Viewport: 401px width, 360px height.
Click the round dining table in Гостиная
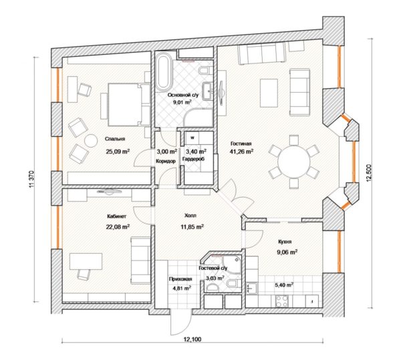point(294,162)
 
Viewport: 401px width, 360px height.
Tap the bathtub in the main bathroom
point(164,72)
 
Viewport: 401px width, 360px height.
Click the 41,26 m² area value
point(242,152)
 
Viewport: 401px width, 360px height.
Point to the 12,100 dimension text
point(192,339)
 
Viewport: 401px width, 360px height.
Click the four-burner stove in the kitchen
point(281,301)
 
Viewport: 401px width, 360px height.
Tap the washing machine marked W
point(192,138)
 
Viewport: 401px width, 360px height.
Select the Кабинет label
point(116,216)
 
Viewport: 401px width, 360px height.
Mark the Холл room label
point(190,216)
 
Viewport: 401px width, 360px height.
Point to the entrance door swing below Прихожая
point(180,323)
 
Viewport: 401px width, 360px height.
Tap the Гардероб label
point(193,159)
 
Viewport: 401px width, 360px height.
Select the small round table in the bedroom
point(91,140)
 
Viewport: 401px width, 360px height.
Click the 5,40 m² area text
point(284,285)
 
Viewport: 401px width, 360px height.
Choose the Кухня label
point(285,242)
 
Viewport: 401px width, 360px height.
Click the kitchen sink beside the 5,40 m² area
point(252,288)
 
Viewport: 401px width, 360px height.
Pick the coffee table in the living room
point(269,93)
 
